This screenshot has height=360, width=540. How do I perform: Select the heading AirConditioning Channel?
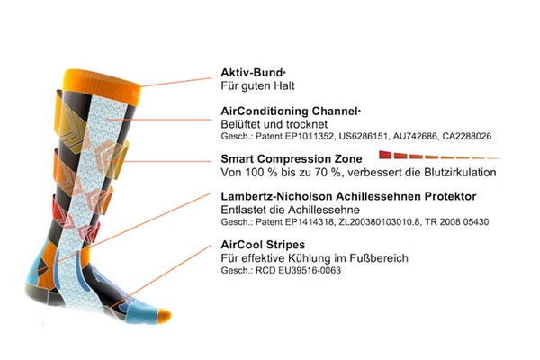[289, 110]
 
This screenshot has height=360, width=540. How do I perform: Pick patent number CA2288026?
[464, 136]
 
